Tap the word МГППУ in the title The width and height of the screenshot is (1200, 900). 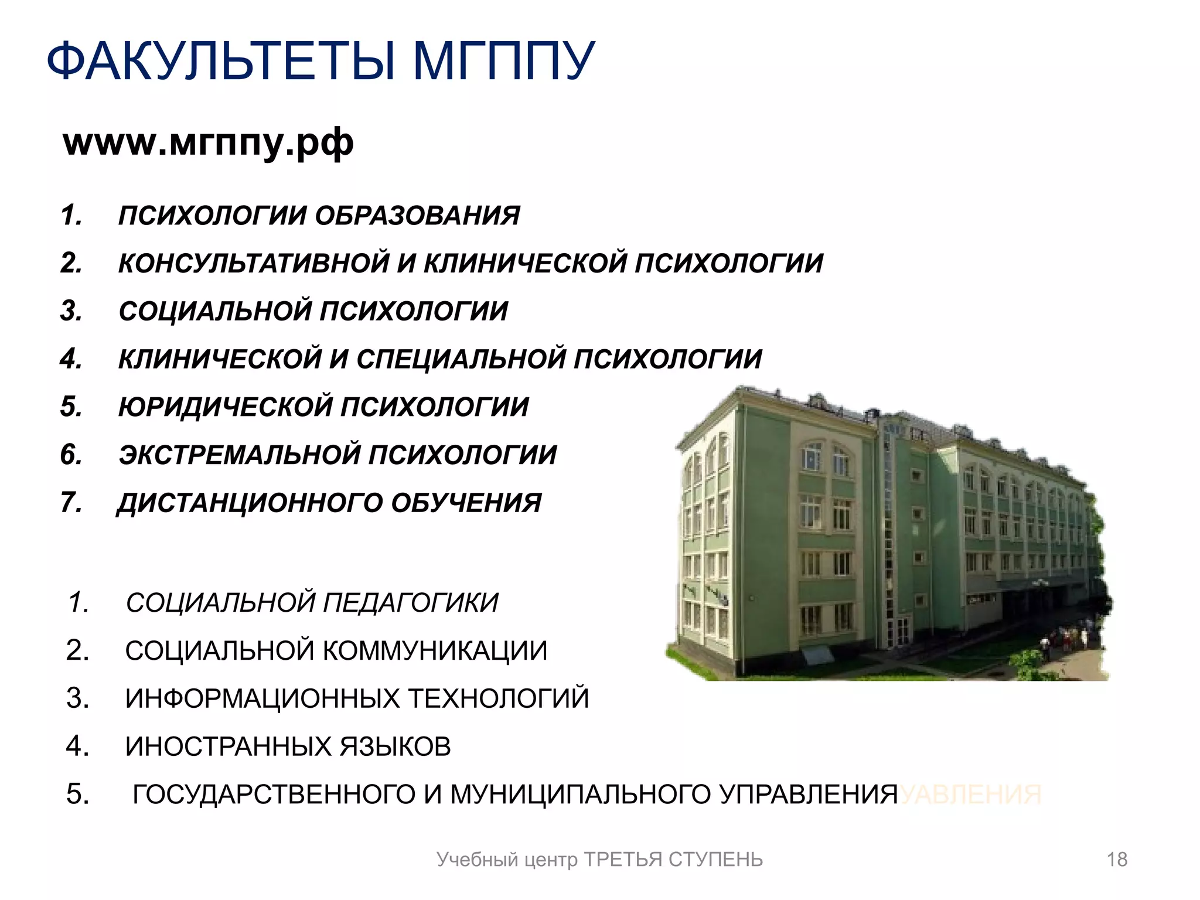tap(504, 61)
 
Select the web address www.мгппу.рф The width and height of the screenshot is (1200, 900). tap(208, 142)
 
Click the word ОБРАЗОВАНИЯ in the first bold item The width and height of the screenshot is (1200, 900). tap(417, 216)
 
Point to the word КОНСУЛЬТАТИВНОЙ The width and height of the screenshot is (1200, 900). tap(254, 263)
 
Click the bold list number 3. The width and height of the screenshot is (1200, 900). tap(70, 311)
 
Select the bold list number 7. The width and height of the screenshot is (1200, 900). tap(70, 503)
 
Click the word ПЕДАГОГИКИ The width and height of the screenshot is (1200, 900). tap(410, 603)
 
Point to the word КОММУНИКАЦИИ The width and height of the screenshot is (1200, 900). tap(435, 651)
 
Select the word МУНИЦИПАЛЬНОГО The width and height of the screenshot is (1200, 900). tap(580, 795)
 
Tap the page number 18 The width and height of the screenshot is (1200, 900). tap(1117, 860)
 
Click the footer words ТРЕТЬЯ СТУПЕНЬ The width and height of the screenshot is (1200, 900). tap(674, 860)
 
